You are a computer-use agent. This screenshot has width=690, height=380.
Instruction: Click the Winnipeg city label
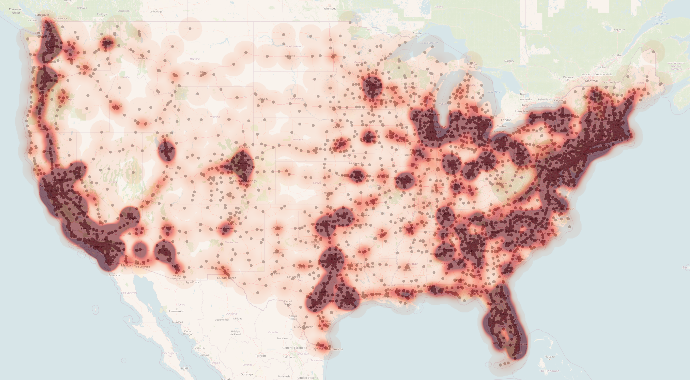point(330,8)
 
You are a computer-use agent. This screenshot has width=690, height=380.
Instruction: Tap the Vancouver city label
point(42,15)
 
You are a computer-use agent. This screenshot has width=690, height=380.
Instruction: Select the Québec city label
point(617,55)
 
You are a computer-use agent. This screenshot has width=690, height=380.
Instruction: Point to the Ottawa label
point(568,77)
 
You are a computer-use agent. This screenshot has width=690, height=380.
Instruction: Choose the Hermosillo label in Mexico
point(177,311)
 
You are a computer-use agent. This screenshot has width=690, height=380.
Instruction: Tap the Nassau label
point(549,356)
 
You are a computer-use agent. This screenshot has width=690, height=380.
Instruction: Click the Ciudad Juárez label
point(226,278)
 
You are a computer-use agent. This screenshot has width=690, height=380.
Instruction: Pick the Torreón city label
point(260,356)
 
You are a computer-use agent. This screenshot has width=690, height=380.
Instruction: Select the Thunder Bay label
point(417,35)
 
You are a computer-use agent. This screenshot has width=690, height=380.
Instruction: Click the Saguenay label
point(619,30)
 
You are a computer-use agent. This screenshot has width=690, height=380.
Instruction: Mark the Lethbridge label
point(156,12)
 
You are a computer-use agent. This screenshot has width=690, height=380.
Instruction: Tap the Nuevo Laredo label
point(304,327)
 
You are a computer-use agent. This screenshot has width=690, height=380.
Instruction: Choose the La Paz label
point(184,368)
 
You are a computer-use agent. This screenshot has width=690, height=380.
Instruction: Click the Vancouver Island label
point(16,11)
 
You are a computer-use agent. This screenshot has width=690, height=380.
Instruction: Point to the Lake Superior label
point(429,42)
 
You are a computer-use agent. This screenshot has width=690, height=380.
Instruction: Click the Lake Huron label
point(494,92)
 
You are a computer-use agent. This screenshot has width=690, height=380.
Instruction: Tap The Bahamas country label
point(549,371)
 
